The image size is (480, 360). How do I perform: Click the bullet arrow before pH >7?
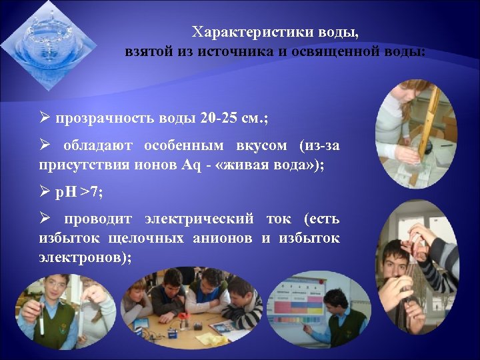click(x=44, y=193)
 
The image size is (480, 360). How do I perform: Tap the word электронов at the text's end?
click(x=79, y=257)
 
